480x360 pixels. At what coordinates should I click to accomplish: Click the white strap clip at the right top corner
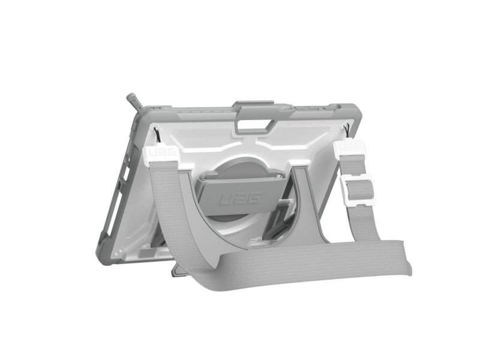coord(350,148)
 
